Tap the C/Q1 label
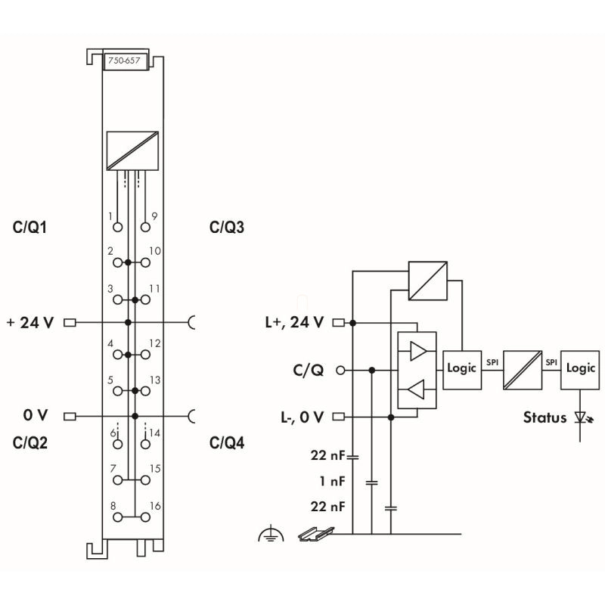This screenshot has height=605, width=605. pos(32,227)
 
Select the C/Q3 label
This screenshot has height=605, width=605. pos(227,227)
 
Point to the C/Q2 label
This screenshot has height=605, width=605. pos(31,442)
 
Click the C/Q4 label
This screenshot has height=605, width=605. pos(227,442)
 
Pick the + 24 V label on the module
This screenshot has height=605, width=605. pos(30,322)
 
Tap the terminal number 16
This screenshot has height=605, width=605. pos(155,505)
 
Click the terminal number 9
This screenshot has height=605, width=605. pos(154,216)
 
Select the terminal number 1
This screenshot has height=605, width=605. pos(110,216)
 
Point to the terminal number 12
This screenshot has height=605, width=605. pos(155,343)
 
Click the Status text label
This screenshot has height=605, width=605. pos(544,417)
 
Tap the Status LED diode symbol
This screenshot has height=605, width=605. pos(582,417)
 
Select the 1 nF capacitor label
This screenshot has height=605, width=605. pos(333,481)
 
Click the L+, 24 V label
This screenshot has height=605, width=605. pos(295,322)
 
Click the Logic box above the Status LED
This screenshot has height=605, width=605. pos(580,368)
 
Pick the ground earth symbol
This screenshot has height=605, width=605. pos(270,535)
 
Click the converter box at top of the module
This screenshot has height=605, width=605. pos(133,150)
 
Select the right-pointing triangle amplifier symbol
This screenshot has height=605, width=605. pos(417,351)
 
